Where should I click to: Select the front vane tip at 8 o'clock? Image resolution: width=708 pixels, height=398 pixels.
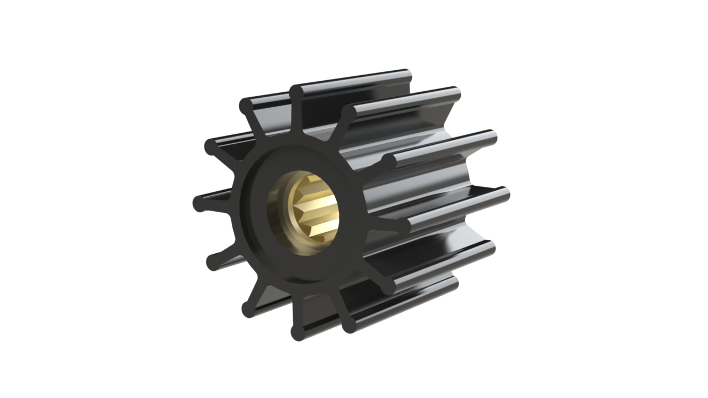(214, 262)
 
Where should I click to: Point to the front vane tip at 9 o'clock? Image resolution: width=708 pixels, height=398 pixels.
(200, 203)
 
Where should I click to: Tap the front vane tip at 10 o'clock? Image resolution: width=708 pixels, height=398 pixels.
(211, 146)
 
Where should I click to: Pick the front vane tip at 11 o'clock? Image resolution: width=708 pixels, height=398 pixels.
(247, 105)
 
